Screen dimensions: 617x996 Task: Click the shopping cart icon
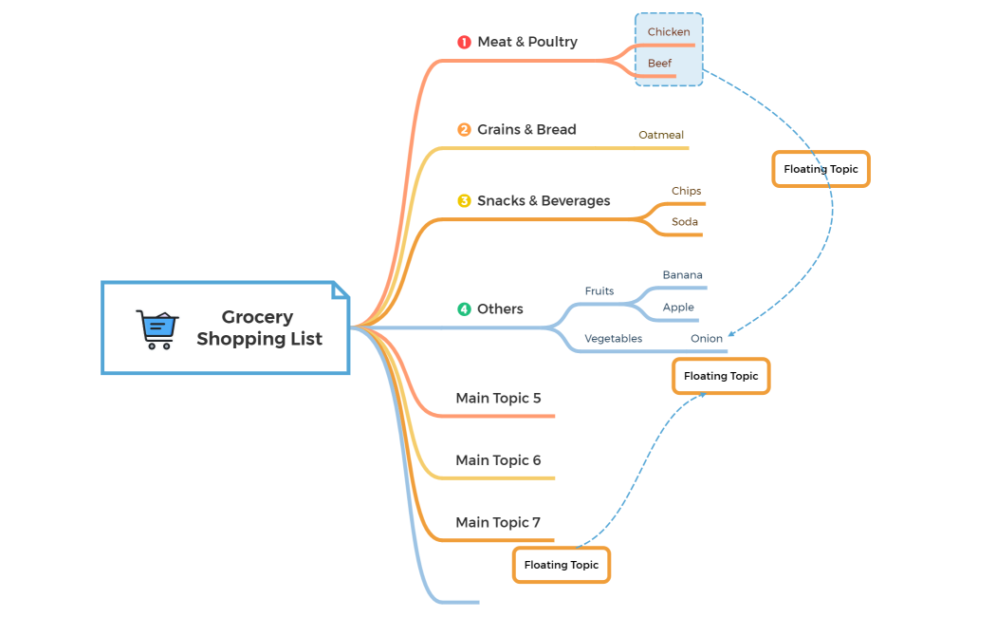click(157, 328)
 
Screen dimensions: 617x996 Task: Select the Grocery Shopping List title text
click(259, 327)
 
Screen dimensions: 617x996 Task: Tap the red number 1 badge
click(464, 42)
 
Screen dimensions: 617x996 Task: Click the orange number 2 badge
click(464, 130)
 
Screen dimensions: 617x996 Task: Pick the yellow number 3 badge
click(464, 201)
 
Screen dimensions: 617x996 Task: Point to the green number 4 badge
click(464, 309)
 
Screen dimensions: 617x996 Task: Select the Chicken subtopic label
click(669, 32)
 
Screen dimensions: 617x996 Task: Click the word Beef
click(659, 64)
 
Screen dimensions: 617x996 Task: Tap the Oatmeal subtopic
click(661, 136)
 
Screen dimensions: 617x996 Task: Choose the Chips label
click(686, 192)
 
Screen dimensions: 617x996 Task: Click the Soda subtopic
click(685, 222)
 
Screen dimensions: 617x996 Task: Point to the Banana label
click(683, 275)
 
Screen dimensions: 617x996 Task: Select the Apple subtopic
click(678, 308)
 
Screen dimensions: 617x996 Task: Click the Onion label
click(707, 339)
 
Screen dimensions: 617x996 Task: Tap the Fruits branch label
click(599, 291)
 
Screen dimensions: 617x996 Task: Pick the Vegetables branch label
click(613, 339)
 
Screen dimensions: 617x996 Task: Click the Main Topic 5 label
click(498, 399)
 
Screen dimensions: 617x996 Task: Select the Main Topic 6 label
click(498, 460)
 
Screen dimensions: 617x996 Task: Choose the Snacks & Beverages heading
click(544, 201)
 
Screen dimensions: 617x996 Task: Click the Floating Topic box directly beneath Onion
click(721, 376)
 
